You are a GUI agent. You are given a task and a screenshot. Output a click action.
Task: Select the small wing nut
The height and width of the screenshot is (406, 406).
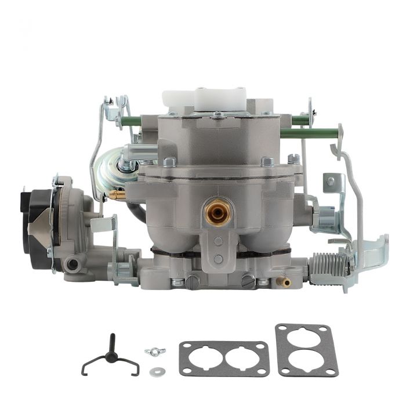tap(154, 351)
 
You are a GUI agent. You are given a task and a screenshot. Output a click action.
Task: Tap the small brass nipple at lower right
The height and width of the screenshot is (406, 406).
tap(284, 282)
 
